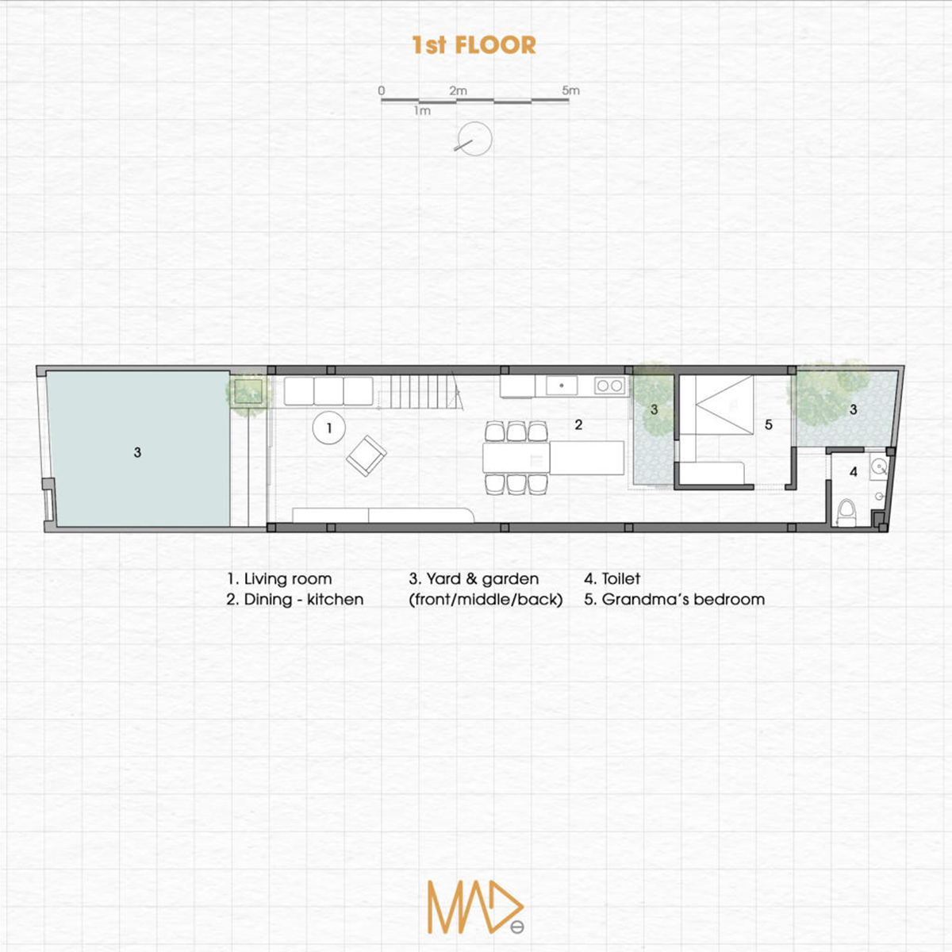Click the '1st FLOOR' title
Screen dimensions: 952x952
click(x=474, y=45)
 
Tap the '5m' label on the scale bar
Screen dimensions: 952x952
click(x=570, y=90)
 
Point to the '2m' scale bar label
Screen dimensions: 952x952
click(x=458, y=90)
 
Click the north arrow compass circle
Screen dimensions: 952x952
click(x=474, y=139)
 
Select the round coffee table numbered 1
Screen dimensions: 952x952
click(x=329, y=428)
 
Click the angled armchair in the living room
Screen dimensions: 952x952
click(x=366, y=455)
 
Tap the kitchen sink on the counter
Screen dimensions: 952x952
click(x=562, y=386)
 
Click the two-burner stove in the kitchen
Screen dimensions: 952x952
click(x=609, y=386)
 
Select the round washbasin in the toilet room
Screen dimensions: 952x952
click(x=879, y=466)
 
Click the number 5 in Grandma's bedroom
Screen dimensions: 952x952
click(x=768, y=424)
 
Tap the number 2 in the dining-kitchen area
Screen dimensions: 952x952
click(x=578, y=424)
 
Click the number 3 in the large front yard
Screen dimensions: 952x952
click(x=137, y=451)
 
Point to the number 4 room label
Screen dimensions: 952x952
click(x=853, y=472)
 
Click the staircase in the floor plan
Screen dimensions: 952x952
click(x=421, y=393)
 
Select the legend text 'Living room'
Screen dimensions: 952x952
click(x=288, y=579)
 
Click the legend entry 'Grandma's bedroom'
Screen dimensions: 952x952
click(x=683, y=599)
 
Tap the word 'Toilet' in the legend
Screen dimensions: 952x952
click(x=621, y=578)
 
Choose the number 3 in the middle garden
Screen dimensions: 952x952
click(x=654, y=409)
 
